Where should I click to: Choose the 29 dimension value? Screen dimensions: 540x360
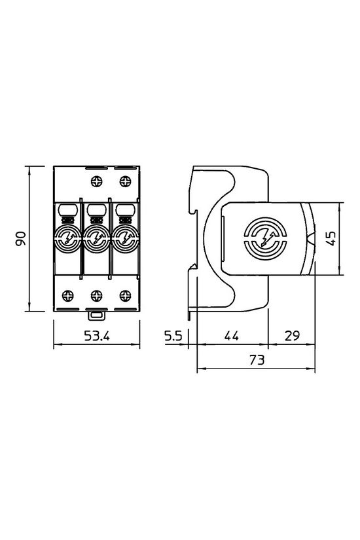tap(292, 336)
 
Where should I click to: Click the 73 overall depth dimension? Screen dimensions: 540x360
tap(256, 360)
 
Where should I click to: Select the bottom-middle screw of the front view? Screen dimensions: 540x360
tap(96, 294)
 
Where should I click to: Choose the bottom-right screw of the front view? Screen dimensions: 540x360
tap(124, 294)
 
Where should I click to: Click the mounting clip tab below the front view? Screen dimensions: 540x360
tap(96, 315)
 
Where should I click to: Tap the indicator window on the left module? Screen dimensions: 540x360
tap(67, 210)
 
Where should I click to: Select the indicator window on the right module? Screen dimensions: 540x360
tap(124, 210)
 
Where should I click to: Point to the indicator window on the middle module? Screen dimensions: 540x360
tap(96, 210)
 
